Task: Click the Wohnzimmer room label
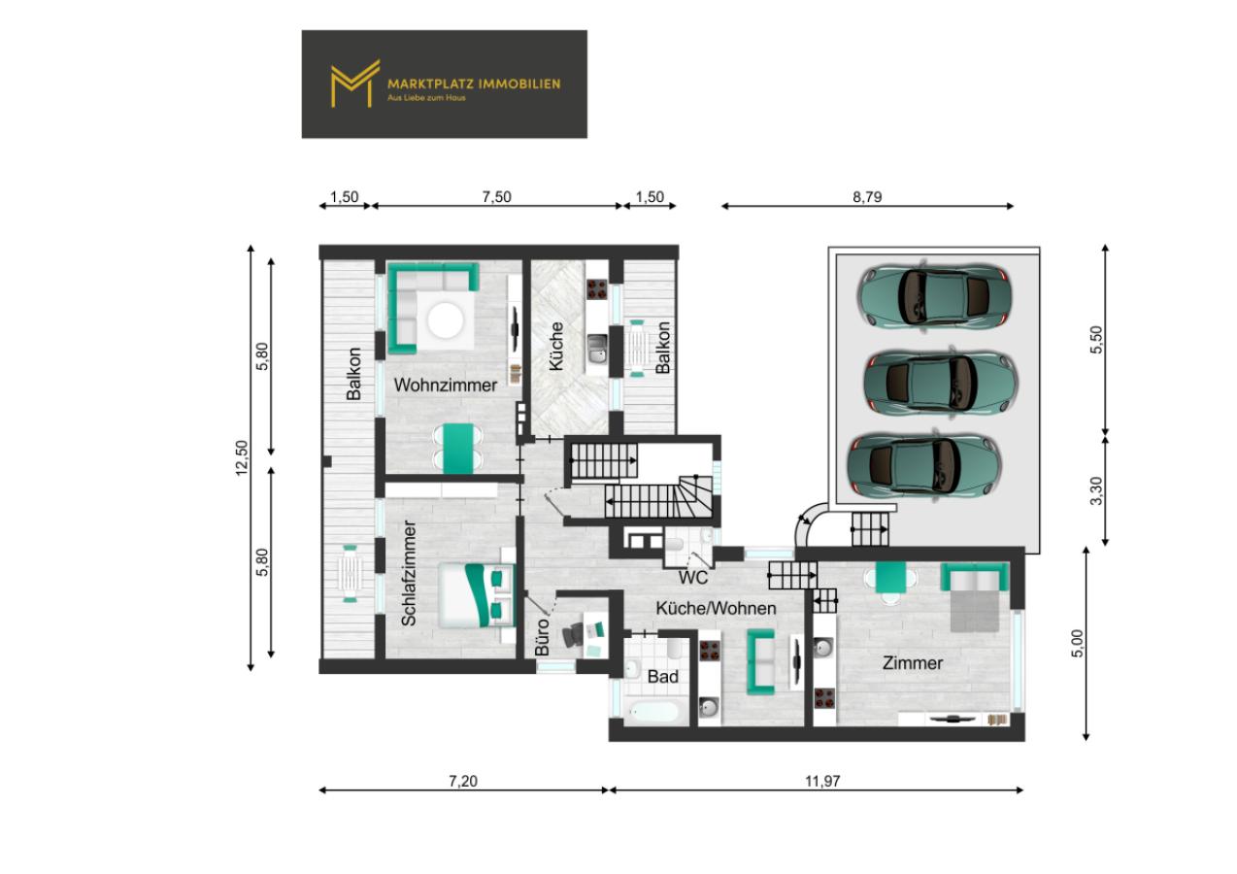(x=445, y=386)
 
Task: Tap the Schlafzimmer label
(x=409, y=574)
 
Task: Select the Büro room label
(x=543, y=637)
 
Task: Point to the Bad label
(x=662, y=676)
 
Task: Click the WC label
(x=693, y=578)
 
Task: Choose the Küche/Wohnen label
(x=717, y=608)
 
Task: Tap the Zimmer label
(x=913, y=663)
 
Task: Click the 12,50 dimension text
(x=242, y=458)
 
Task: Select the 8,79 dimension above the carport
(x=867, y=197)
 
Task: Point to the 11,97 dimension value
(x=822, y=781)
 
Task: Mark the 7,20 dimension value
(x=463, y=781)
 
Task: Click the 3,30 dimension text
(x=1096, y=490)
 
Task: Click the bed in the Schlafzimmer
(x=477, y=595)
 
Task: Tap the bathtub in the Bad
(x=654, y=712)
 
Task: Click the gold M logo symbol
(x=355, y=84)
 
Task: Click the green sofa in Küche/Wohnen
(x=760, y=662)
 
